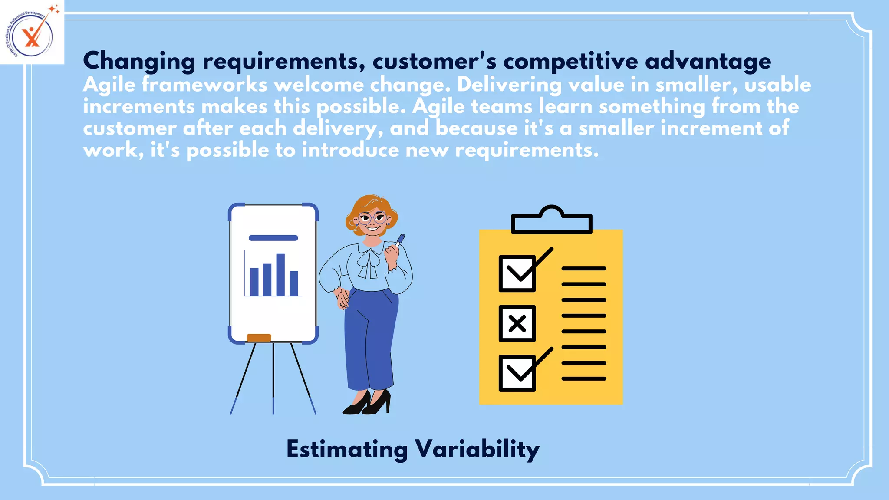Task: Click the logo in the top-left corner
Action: click(x=31, y=32)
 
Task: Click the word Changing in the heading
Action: click(x=139, y=61)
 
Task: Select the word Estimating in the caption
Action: click(x=347, y=449)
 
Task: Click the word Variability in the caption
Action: click(x=477, y=449)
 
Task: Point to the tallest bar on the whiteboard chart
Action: click(x=280, y=275)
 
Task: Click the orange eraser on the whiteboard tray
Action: click(x=259, y=337)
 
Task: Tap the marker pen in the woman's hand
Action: click(x=400, y=240)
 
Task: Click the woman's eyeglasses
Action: click(x=372, y=218)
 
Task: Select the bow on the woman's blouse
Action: click(x=369, y=263)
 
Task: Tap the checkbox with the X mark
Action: click(x=517, y=323)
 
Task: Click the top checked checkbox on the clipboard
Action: click(x=517, y=273)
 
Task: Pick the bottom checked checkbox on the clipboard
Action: click(x=517, y=373)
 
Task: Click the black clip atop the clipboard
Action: click(x=551, y=220)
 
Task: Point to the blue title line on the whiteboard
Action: click(x=273, y=238)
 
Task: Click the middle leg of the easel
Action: click(x=273, y=378)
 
